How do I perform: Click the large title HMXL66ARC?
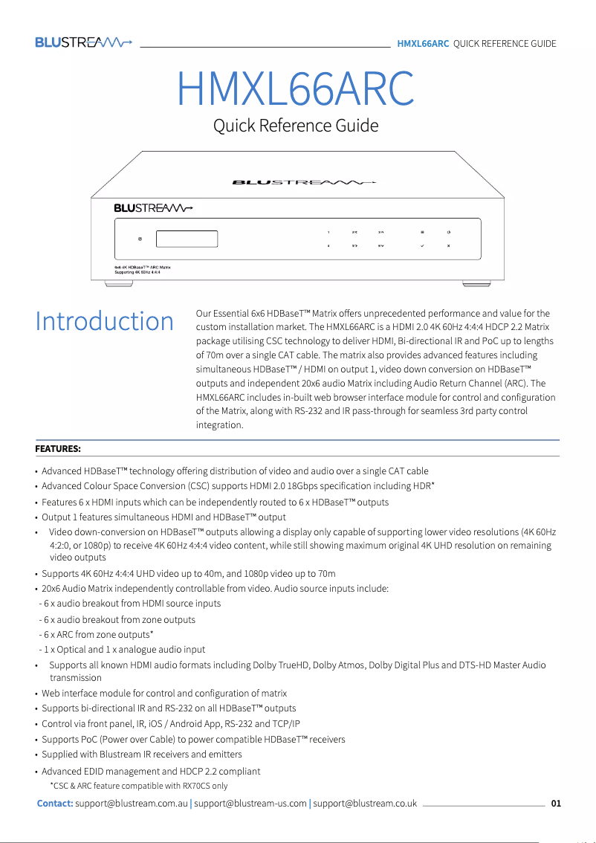click(296, 89)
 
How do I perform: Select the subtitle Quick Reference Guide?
click(296, 126)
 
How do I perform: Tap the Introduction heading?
click(105, 321)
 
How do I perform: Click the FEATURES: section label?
click(58, 449)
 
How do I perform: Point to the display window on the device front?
click(187, 239)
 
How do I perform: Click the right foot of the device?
click(472, 282)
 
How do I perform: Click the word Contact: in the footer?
click(55, 804)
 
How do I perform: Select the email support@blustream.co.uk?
click(365, 804)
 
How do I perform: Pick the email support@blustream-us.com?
click(250, 804)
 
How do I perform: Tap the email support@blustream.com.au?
click(132, 804)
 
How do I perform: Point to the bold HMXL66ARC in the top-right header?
click(423, 43)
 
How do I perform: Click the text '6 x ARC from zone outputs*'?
click(98, 634)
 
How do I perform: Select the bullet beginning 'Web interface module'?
click(163, 693)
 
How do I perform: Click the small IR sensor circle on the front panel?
click(140, 239)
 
